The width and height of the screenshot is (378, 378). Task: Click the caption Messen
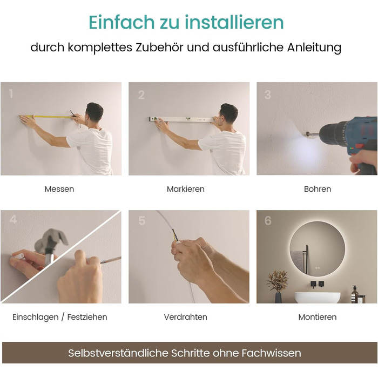pyautogui.click(x=59, y=189)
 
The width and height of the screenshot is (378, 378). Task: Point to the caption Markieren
pyautogui.click(x=186, y=189)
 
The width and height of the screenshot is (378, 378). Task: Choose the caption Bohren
pyautogui.click(x=318, y=189)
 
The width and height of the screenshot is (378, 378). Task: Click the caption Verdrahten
pyautogui.click(x=186, y=317)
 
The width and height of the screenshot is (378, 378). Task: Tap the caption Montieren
pyautogui.click(x=318, y=317)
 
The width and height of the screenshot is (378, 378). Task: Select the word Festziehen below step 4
pyautogui.click(x=87, y=317)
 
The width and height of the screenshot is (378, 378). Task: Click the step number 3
pyautogui.click(x=268, y=94)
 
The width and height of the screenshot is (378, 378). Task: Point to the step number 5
pyautogui.click(x=142, y=220)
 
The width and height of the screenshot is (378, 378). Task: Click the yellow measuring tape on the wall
pyautogui.click(x=47, y=117)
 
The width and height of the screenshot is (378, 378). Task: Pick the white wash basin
pyautogui.click(x=318, y=298)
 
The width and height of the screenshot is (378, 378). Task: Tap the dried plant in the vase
pyautogui.click(x=278, y=281)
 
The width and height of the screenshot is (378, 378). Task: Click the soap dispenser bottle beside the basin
pyautogui.click(x=354, y=294)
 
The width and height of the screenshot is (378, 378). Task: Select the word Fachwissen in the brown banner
pyautogui.click(x=271, y=353)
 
